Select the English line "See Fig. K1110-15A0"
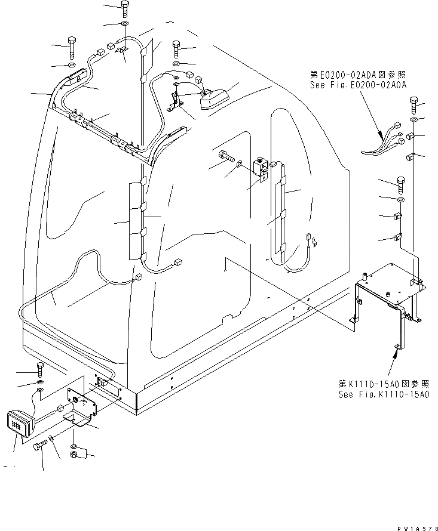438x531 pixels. tap(384, 394)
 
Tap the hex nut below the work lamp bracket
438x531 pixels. tap(74, 456)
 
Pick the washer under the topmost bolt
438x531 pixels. tap(124, 24)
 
